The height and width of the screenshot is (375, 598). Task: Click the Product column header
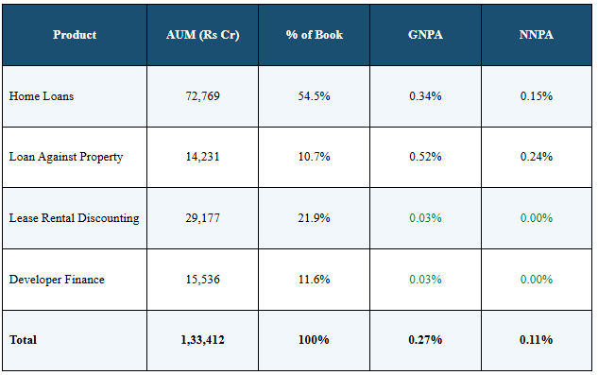click(x=75, y=35)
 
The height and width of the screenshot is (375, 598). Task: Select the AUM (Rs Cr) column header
click(x=203, y=35)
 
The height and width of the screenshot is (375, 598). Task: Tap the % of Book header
click(x=315, y=35)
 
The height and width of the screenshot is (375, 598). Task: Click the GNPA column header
click(x=425, y=35)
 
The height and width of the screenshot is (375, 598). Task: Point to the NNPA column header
click(x=536, y=35)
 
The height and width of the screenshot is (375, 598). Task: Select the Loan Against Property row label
click(x=65, y=157)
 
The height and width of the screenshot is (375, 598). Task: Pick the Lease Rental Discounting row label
click(x=74, y=218)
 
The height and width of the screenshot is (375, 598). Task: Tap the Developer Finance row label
click(x=57, y=280)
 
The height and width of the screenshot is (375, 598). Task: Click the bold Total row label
click(x=24, y=339)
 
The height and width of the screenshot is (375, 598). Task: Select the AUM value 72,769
click(x=203, y=96)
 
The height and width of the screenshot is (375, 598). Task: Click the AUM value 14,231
click(x=203, y=157)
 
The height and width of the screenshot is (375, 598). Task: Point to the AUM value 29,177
click(x=203, y=218)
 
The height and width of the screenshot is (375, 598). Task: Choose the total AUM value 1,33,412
click(x=203, y=339)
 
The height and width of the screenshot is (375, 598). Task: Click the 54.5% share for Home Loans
click(x=315, y=96)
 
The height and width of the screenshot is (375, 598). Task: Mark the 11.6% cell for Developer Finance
click(x=315, y=280)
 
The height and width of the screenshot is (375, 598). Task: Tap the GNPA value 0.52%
click(x=425, y=157)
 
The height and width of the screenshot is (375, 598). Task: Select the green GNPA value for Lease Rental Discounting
click(x=425, y=218)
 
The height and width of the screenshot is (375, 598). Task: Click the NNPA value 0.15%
click(x=536, y=96)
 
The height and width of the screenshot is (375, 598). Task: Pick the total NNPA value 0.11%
click(x=536, y=339)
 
